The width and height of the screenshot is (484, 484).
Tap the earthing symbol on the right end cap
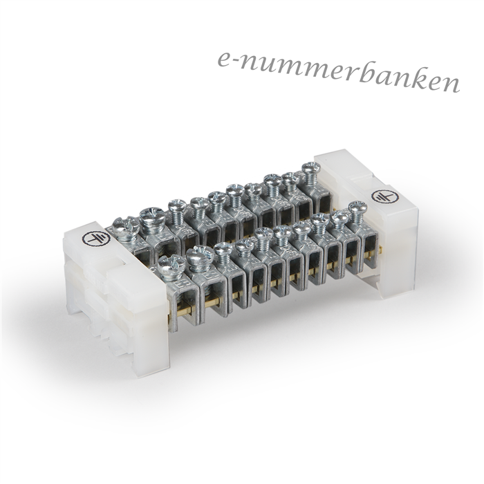[x=380, y=196]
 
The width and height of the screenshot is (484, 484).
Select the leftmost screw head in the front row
[x=171, y=267]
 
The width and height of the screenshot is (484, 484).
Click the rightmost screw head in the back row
[x=310, y=169]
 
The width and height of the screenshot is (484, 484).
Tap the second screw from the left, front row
[x=200, y=257]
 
